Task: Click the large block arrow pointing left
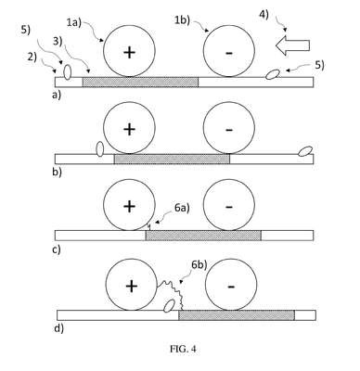coord(292,45)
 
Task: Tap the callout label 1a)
coord(74,22)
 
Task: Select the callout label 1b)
coord(182,19)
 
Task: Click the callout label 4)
coord(264,15)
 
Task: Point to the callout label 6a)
coord(182,208)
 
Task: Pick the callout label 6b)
coord(199,265)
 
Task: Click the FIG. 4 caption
coord(183,349)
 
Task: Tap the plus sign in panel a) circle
coord(129,53)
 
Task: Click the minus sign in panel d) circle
coord(231,287)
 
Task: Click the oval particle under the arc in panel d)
coord(169,306)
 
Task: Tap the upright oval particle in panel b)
coord(99,148)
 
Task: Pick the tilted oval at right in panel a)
coord(273,74)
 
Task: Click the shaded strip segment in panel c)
coord(203,236)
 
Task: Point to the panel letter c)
coord(57,249)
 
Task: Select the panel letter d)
coord(58,328)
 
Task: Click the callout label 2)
coord(32,57)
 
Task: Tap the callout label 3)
coord(58,41)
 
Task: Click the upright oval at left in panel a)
coord(67,71)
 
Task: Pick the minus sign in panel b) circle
coord(229,130)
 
